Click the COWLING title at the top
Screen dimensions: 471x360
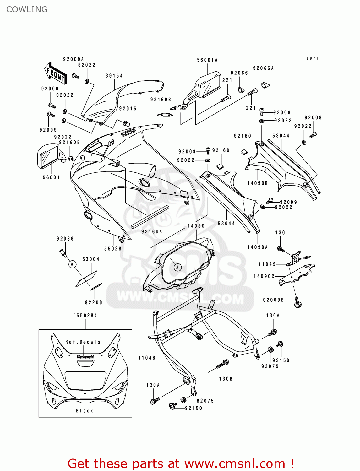[27, 9]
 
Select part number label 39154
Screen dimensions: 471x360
[114, 76]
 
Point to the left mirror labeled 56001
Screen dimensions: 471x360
[49, 156]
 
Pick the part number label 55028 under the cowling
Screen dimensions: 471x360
[113, 249]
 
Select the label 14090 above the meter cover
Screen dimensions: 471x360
[196, 226]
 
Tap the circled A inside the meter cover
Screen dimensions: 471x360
[177, 267]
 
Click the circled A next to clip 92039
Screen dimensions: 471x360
[72, 264]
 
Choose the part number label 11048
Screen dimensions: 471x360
[147, 358]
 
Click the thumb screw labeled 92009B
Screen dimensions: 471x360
[297, 302]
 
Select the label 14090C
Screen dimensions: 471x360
[264, 276]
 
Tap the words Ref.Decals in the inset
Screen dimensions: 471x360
[83, 342]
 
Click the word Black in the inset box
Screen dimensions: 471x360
[85, 411]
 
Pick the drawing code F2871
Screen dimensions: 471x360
[311, 58]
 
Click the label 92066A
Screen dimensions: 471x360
[263, 68]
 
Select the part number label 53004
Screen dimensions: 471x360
[91, 259]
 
